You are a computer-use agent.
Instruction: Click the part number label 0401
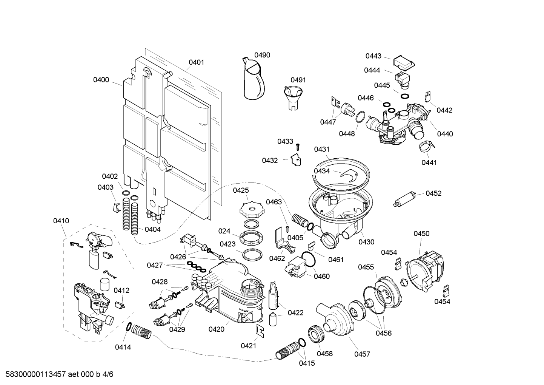pos(196,62)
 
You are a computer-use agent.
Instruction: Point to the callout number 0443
pos(373,56)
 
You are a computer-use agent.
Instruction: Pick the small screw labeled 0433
pos(298,145)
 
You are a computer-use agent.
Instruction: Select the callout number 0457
pos(362,354)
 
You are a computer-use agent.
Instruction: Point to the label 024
pos(224,231)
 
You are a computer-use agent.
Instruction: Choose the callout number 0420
pos(216,329)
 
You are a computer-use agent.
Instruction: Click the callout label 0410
pos(61,221)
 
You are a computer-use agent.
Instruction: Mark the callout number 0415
pos(307,363)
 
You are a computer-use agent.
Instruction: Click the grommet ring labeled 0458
pos(315,334)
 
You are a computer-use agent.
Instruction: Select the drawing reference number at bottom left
pos(57,374)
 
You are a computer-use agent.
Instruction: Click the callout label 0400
pos(101,80)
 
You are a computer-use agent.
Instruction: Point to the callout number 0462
pos(277,258)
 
